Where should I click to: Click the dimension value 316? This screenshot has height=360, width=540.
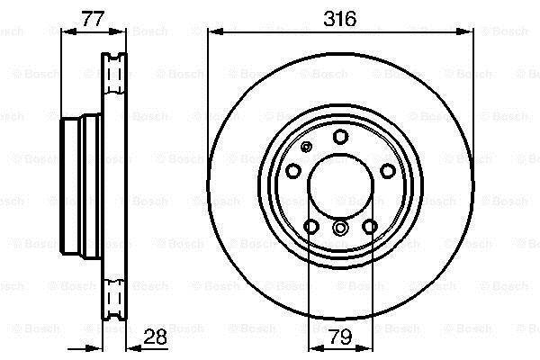tap(339, 19)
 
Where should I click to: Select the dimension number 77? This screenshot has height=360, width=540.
tap(93, 19)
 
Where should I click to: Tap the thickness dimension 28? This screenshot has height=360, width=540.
tap(155, 337)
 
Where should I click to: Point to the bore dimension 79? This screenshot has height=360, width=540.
tap(340, 337)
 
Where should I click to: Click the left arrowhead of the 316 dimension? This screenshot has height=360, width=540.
tap(216, 32)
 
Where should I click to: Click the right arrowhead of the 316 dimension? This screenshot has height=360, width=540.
tap(464, 32)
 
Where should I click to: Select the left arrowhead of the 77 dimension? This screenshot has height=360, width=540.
tap(68, 31)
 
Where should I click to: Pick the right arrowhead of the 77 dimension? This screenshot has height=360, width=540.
tap(118, 31)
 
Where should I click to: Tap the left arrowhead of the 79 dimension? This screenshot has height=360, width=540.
tap(316, 348)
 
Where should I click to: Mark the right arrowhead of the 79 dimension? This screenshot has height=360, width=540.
tap(365, 348)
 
